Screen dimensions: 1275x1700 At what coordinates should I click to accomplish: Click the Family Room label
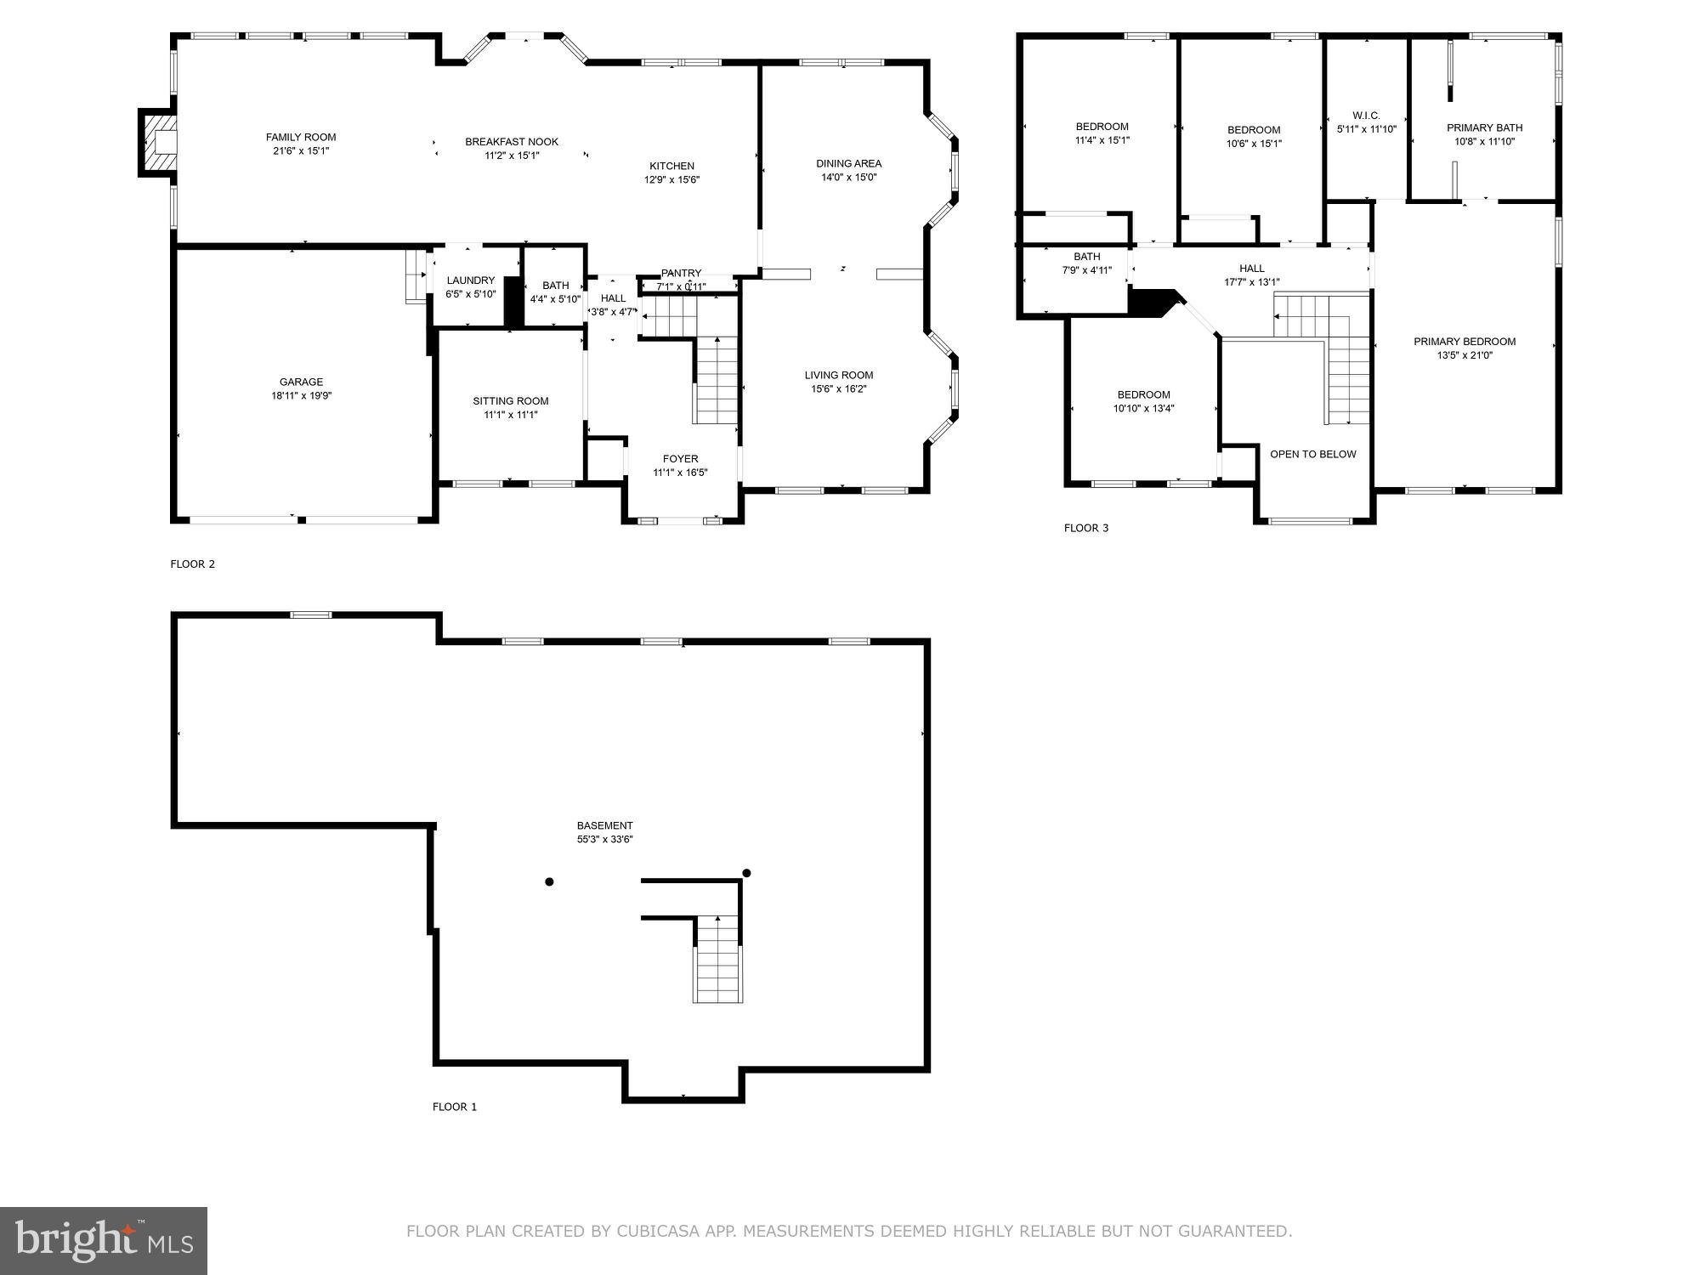(x=301, y=137)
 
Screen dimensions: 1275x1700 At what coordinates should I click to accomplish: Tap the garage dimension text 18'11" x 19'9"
(x=301, y=396)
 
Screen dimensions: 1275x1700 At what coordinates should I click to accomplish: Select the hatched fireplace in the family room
(x=160, y=143)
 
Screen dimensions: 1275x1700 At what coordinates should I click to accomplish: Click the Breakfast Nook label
(x=512, y=142)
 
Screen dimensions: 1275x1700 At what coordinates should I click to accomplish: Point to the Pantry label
(x=681, y=273)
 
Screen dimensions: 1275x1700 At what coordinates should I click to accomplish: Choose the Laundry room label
(x=470, y=280)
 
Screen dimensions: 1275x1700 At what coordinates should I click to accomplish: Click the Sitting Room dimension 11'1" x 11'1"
(x=511, y=415)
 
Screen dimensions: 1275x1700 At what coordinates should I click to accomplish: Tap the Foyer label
(x=680, y=459)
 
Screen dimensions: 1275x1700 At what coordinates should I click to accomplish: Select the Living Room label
(x=839, y=375)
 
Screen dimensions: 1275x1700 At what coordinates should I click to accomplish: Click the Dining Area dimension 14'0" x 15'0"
(x=848, y=178)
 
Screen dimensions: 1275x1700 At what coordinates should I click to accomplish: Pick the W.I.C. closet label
(x=1366, y=116)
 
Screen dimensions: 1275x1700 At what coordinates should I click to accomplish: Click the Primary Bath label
(x=1484, y=128)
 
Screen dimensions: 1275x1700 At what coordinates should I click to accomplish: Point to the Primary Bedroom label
(x=1465, y=342)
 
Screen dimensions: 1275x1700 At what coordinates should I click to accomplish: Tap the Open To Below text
(x=1312, y=454)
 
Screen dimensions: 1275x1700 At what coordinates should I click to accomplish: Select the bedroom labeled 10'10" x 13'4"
(x=1143, y=401)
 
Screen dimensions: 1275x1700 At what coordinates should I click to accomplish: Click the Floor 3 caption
(x=1085, y=528)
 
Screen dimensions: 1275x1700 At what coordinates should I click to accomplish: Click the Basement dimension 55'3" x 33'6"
(x=604, y=840)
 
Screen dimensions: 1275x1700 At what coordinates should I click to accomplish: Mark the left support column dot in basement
(x=549, y=882)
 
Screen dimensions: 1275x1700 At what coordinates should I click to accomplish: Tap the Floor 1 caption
(x=455, y=1107)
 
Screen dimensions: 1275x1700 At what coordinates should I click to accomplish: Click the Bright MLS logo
(x=104, y=1240)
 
